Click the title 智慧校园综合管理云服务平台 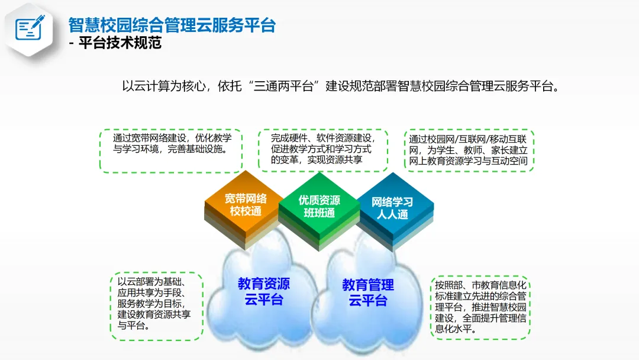[172, 25]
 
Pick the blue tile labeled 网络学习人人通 [392, 208]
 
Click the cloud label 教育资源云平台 [264, 291]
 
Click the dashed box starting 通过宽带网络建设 [171, 151]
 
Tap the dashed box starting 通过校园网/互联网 [469, 150]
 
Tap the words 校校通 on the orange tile [245, 211]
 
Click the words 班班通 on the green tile [319, 213]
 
